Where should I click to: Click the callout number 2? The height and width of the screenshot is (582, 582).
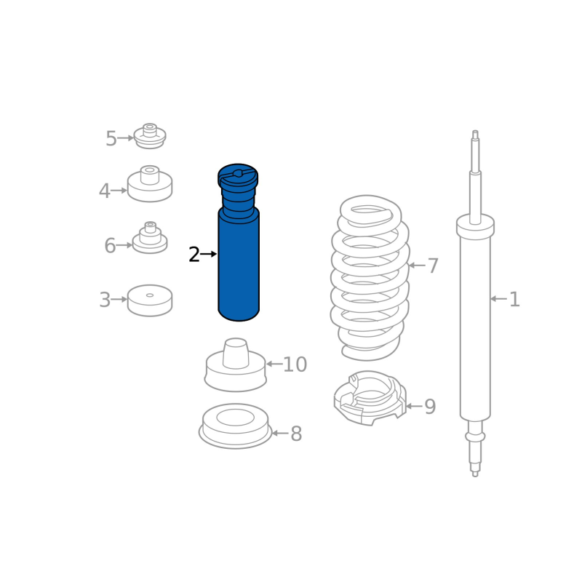tap(194, 255)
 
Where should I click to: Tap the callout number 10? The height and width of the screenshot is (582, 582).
tap(295, 364)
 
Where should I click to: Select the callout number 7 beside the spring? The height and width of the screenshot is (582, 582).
tap(433, 266)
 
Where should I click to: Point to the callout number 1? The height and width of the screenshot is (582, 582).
tap(514, 299)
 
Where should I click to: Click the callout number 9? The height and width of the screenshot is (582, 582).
tap(430, 407)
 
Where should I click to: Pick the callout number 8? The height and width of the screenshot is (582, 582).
tap(296, 434)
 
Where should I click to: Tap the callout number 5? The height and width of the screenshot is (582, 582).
tap(111, 139)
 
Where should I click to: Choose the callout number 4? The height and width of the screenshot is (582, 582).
tap(104, 191)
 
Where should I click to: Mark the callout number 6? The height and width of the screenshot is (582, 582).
tap(110, 246)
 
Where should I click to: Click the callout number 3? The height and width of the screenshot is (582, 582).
tap(105, 300)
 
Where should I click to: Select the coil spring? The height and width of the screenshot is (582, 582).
tap(370, 278)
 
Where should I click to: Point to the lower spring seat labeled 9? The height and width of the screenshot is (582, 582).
tap(370, 398)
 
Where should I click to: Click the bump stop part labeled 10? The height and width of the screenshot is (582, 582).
tap(235, 366)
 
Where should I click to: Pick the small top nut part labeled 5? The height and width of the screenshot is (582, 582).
tap(150, 136)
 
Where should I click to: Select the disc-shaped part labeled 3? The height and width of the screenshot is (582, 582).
tap(150, 300)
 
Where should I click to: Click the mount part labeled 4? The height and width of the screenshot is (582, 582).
tap(150, 184)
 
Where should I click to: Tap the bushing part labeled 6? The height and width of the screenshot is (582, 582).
tap(150, 239)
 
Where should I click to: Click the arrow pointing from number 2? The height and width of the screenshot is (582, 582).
tap(209, 254)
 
